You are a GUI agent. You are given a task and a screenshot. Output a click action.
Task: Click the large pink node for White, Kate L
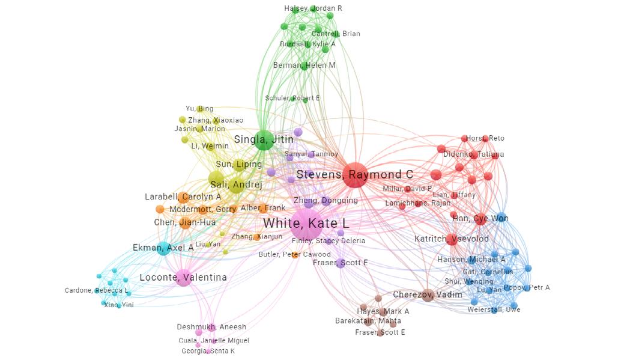306,225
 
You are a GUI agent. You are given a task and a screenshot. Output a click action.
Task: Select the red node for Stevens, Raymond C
355,175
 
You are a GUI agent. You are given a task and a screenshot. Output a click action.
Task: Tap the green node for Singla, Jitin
262,140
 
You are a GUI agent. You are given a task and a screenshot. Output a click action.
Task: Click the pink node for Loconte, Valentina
183,278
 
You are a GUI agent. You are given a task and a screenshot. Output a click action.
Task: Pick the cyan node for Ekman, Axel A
163,248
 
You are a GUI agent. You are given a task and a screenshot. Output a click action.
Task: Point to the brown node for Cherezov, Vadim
427,294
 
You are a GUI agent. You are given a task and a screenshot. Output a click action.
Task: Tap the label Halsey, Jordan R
313,8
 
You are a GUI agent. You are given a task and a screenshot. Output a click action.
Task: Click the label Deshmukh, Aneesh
211,327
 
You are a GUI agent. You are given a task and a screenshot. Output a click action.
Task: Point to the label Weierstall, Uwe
494,310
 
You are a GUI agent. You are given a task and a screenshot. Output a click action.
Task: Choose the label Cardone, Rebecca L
97,291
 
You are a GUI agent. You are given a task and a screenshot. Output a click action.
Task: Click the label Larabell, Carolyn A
183,197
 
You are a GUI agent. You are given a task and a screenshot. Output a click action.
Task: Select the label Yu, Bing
199,109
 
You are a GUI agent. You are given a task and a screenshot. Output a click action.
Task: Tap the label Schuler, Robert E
292,98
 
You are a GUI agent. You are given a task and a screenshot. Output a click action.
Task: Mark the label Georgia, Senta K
208,351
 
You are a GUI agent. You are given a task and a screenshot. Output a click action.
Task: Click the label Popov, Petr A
527,287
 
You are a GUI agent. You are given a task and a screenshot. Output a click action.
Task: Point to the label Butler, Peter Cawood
295,254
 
